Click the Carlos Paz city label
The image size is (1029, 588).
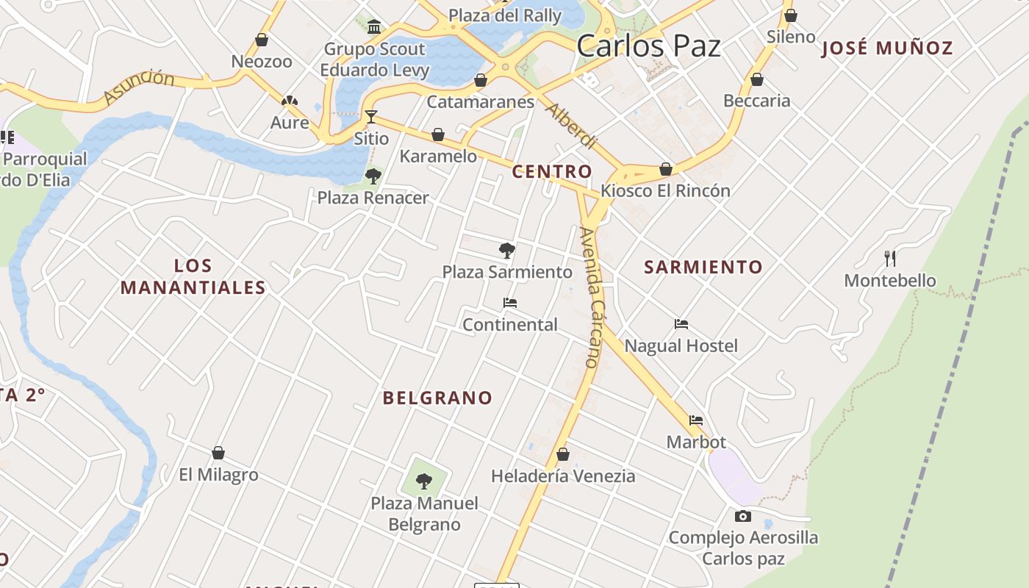[x=648, y=46]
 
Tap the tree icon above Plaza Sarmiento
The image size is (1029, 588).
[x=506, y=250]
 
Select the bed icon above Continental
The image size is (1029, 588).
[x=509, y=303]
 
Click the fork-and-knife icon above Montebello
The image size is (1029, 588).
[x=890, y=259]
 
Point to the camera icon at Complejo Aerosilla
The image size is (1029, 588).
[x=743, y=517]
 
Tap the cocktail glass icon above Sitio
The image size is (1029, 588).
[x=371, y=117]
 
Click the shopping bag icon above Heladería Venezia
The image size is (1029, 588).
[x=563, y=454]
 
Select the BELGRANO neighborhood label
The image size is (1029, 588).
[x=437, y=398]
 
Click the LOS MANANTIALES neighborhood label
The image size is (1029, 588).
[x=193, y=276]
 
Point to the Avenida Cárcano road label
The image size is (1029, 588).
[x=591, y=297]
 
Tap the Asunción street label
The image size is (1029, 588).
[x=139, y=87]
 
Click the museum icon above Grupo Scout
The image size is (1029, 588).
[x=374, y=27]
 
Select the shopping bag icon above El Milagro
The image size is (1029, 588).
[x=218, y=453]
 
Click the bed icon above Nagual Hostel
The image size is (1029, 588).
[x=681, y=324]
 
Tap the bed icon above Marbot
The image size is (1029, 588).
[x=696, y=420]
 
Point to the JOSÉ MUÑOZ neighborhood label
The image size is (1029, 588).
[x=887, y=49]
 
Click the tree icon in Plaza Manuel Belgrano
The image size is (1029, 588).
[x=424, y=481]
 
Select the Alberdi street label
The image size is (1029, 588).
[x=570, y=125]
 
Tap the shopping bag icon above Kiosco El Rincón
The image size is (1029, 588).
[x=666, y=169]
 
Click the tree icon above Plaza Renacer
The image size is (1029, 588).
[x=373, y=176]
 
